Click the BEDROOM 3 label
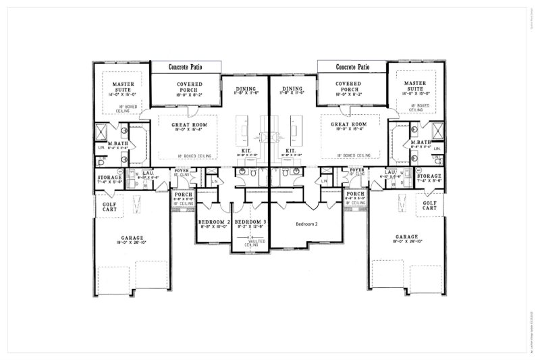tap(250, 222)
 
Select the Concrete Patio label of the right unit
tap(352, 67)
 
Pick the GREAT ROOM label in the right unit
tap(348, 125)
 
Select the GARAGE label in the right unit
tap(410, 237)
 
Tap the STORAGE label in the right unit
tap(429, 177)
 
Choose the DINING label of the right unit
tap(292, 88)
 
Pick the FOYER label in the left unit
tap(182, 170)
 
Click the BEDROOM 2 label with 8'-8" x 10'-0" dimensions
tap(214, 222)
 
